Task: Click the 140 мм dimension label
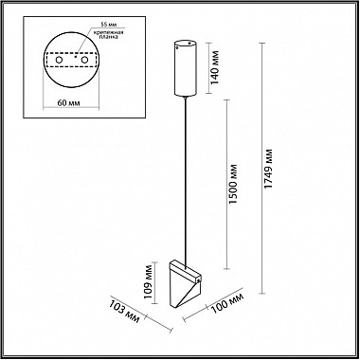[215, 68]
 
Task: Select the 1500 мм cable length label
[233, 184]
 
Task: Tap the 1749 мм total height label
[268, 169]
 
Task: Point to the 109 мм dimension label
[148, 282]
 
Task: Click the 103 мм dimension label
[124, 312]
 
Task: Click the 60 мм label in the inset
[70, 103]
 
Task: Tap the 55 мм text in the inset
[107, 25]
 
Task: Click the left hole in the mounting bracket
[59, 60]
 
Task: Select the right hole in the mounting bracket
[84, 60]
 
